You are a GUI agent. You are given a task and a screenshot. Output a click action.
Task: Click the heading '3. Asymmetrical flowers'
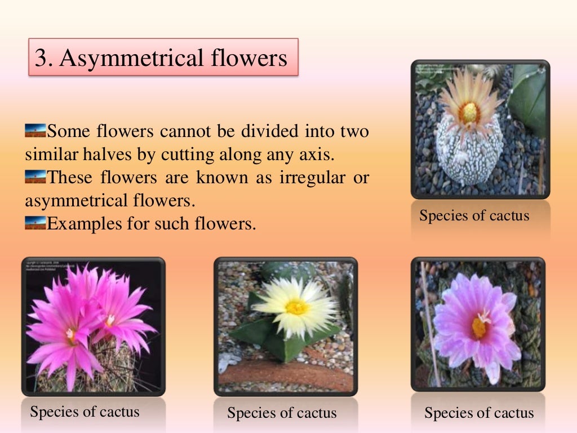pyautogui.click(x=162, y=58)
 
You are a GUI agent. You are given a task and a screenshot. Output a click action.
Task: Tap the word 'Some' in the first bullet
pyautogui.click(x=66, y=132)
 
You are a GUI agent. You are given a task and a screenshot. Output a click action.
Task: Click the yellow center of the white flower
pyautogui.click(x=296, y=307)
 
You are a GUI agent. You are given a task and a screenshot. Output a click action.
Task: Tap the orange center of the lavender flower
pyautogui.click(x=479, y=327)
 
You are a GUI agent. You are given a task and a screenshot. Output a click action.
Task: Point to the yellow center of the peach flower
pyautogui.click(x=469, y=112)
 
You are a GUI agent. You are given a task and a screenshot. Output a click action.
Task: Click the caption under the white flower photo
pyautogui.click(x=282, y=413)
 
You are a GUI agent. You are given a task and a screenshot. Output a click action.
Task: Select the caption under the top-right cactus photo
pyautogui.click(x=474, y=215)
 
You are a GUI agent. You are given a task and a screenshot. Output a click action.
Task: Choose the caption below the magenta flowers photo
pyautogui.click(x=85, y=412)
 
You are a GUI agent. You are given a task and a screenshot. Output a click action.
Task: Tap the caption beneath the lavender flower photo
pyautogui.click(x=479, y=413)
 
